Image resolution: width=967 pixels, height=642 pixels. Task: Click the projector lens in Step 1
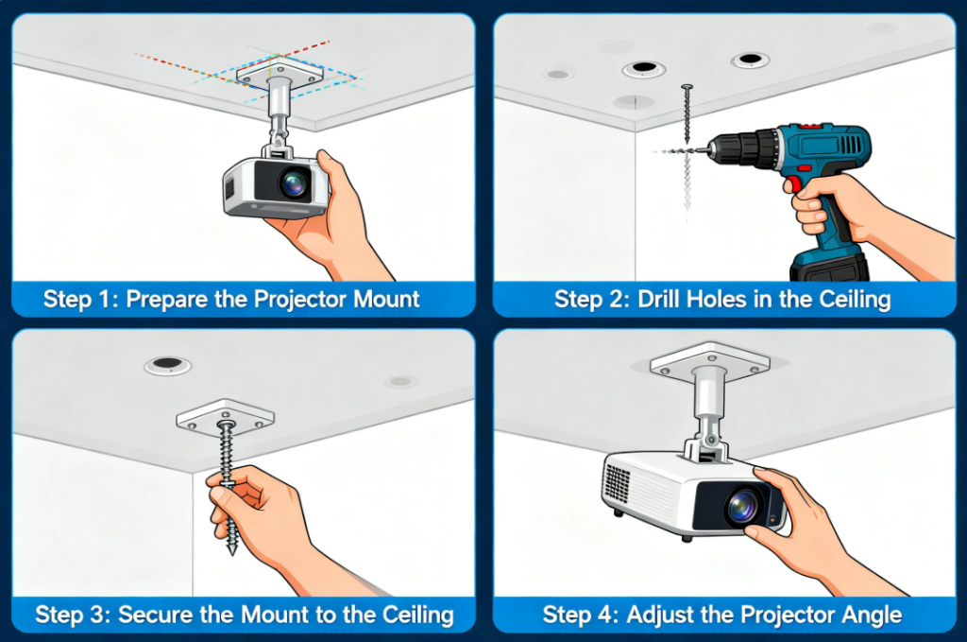click(x=294, y=182)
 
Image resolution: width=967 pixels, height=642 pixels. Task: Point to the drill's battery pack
click(x=828, y=265)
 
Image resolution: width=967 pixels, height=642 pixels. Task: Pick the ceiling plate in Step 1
click(x=280, y=74)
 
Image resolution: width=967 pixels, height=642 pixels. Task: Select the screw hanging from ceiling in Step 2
click(x=687, y=114)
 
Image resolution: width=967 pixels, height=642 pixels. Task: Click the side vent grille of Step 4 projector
click(x=617, y=483)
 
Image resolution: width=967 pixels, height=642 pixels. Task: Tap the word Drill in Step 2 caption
click(x=658, y=300)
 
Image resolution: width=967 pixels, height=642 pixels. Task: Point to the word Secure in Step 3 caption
click(x=155, y=615)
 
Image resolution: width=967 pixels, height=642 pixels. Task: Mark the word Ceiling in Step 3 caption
click(x=418, y=616)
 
